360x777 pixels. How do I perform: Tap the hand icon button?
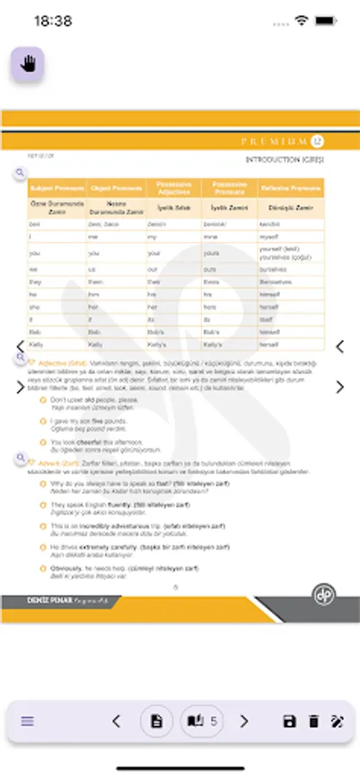(28, 66)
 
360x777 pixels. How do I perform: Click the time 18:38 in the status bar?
(54, 20)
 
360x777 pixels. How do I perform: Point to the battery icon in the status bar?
(326, 20)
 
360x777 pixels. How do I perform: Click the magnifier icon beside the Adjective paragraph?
(19, 363)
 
